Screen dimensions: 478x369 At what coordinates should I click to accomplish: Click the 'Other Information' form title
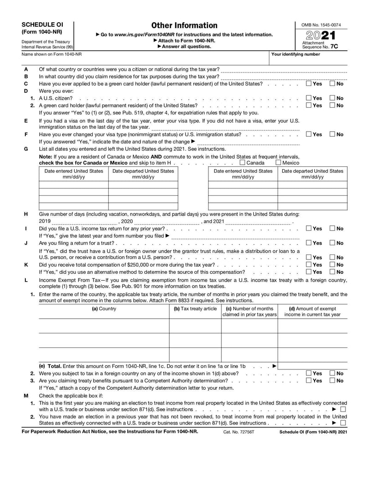click(x=184, y=25)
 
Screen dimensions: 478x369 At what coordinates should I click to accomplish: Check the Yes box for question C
click(x=309, y=84)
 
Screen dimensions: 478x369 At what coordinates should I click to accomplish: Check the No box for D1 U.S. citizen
click(x=332, y=98)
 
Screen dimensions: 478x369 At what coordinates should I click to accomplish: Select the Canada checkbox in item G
click(x=243, y=163)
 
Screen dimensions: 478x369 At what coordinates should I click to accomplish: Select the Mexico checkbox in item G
click(x=278, y=163)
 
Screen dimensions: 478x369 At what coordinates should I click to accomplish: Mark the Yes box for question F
click(x=309, y=134)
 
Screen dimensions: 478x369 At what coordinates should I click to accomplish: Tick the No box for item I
click(x=332, y=229)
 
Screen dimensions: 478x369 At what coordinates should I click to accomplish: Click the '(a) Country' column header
click(x=104, y=309)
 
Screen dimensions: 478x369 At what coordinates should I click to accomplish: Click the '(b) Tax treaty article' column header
click(x=195, y=309)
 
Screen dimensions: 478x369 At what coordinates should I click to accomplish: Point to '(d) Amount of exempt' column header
click(x=312, y=309)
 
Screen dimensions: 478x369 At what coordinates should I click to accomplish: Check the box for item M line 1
click(x=343, y=409)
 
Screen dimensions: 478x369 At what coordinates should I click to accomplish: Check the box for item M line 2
click(x=343, y=423)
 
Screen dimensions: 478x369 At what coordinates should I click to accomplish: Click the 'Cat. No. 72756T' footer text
click(x=239, y=431)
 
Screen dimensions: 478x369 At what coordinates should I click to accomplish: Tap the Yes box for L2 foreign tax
click(x=309, y=373)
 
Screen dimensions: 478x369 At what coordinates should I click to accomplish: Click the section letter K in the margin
click(x=26, y=265)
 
